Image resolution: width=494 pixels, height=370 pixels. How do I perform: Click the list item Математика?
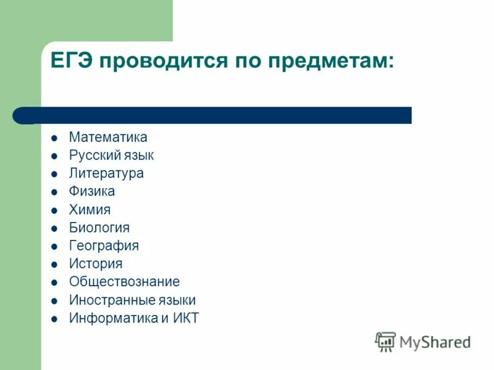click(x=108, y=137)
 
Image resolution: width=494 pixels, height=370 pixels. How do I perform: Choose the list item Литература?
click(x=106, y=173)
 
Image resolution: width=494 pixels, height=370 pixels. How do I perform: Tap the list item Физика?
click(x=92, y=191)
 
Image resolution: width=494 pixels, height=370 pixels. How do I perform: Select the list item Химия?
click(x=90, y=210)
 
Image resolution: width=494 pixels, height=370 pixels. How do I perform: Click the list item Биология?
click(x=99, y=228)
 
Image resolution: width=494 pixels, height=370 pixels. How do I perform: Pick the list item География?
click(x=104, y=245)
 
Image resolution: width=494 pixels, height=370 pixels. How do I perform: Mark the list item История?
click(x=96, y=264)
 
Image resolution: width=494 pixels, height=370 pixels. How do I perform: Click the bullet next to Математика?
click(x=54, y=138)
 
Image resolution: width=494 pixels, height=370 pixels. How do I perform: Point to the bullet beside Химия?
click(x=54, y=210)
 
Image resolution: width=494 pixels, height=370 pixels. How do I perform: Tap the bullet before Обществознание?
click(x=54, y=282)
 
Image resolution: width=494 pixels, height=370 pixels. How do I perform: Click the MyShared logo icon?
click(x=385, y=341)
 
